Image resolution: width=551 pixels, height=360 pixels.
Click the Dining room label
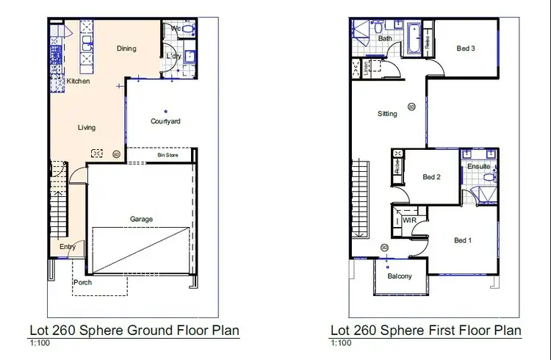(x=126, y=48)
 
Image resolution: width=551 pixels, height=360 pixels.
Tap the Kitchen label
(x=78, y=81)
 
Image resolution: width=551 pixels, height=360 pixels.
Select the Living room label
(x=87, y=127)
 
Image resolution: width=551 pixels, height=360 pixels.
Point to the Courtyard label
(x=165, y=121)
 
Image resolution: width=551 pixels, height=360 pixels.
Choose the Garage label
(x=142, y=219)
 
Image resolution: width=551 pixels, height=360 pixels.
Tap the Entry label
(x=68, y=247)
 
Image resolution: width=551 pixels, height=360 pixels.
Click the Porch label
(x=83, y=282)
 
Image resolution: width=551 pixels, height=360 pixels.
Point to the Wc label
(x=176, y=28)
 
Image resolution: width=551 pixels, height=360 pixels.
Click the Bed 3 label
(x=466, y=48)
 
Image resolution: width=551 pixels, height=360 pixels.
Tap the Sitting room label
(x=387, y=114)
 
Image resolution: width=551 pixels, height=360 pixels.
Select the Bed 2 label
(x=431, y=177)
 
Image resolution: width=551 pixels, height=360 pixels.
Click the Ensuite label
(x=478, y=167)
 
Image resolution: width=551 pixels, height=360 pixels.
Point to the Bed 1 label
(x=463, y=240)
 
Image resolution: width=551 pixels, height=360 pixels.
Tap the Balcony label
(x=399, y=276)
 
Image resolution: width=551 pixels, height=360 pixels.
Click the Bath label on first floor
(x=385, y=38)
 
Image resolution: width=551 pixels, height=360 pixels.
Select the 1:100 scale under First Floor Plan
(x=340, y=343)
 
